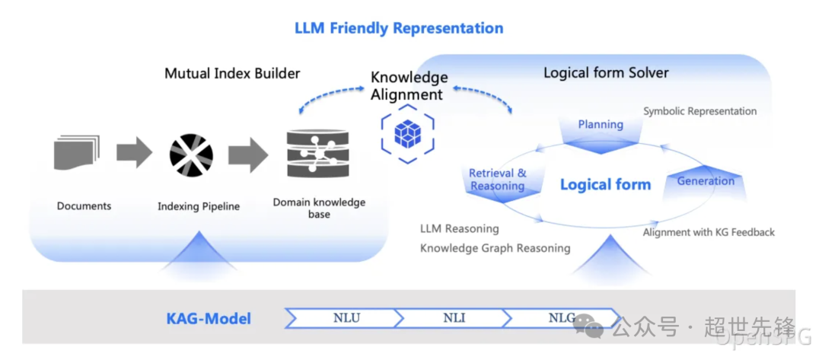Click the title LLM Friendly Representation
pyautogui.click(x=399, y=27)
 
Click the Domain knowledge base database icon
pyautogui.click(x=317, y=154)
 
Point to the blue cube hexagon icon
pyautogui.click(x=407, y=133)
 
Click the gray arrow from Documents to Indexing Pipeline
pyautogui.click(x=134, y=152)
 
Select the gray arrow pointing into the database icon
pyautogui.click(x=248, y=155)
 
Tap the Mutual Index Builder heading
pyautogui.click(x=232, y=73)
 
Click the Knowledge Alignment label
pyautogui.click(x=409, y=86)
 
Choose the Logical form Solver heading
pyautogui.click(x=606, y=72)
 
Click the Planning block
pyautogui.click(x=601, y=132)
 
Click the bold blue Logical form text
pyautogui.click(x=606, y=184)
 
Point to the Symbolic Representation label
pyautogui.click(x=700, y=112)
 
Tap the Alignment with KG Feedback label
pyautogui.click(x=709, y=232)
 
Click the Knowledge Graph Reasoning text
pyautogui.click(x=495, y=248)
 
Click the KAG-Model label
pyautogui.click(x=209, y=319)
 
